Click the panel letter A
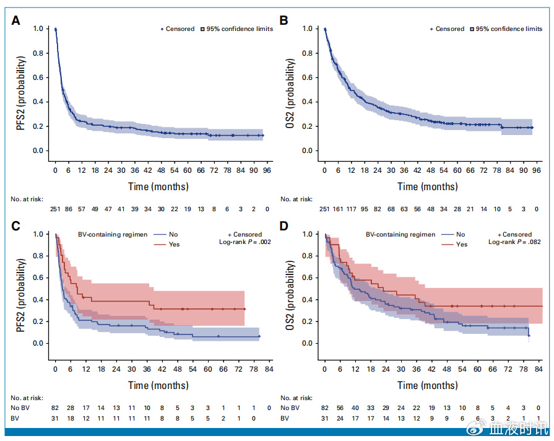click(16, 20)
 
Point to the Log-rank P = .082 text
click(510, 242)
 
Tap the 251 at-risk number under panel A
click(56, 210)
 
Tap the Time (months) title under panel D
click(427, 385)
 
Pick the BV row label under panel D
click(284, 419)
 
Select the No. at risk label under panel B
click(295, 199)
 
